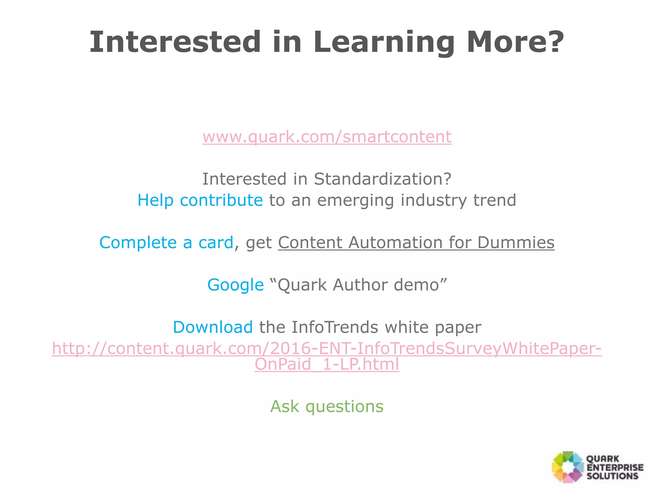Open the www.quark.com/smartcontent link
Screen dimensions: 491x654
pos(327,137)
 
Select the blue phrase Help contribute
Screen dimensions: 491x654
pos(200,200)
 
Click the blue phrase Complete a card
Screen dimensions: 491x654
pos(166,243)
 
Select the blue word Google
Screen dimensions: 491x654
pos(235,285)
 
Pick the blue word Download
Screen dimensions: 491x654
pos(213,327)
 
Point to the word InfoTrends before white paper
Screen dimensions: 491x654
pos(335,327)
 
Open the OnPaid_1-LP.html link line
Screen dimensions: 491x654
pos(327,364)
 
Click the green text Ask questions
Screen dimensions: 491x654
pos(327,407)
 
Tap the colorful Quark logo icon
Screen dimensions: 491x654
pos(567,467)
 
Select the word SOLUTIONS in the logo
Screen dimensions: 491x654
pos(612,476)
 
